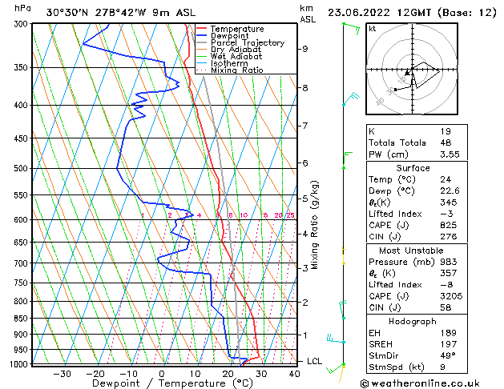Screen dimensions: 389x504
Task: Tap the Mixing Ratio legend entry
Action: (x=236, y=70)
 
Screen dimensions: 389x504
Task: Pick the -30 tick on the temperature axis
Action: (x=62, y=373)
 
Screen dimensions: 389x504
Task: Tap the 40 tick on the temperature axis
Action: (x=294, y=373)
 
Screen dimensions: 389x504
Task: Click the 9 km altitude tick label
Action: (x=304, y=49)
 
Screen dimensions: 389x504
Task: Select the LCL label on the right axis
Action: (x=314, y=362)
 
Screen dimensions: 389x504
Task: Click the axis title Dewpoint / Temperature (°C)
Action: (x=162, y=383)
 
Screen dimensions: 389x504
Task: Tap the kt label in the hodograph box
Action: (x=372, y=28)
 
